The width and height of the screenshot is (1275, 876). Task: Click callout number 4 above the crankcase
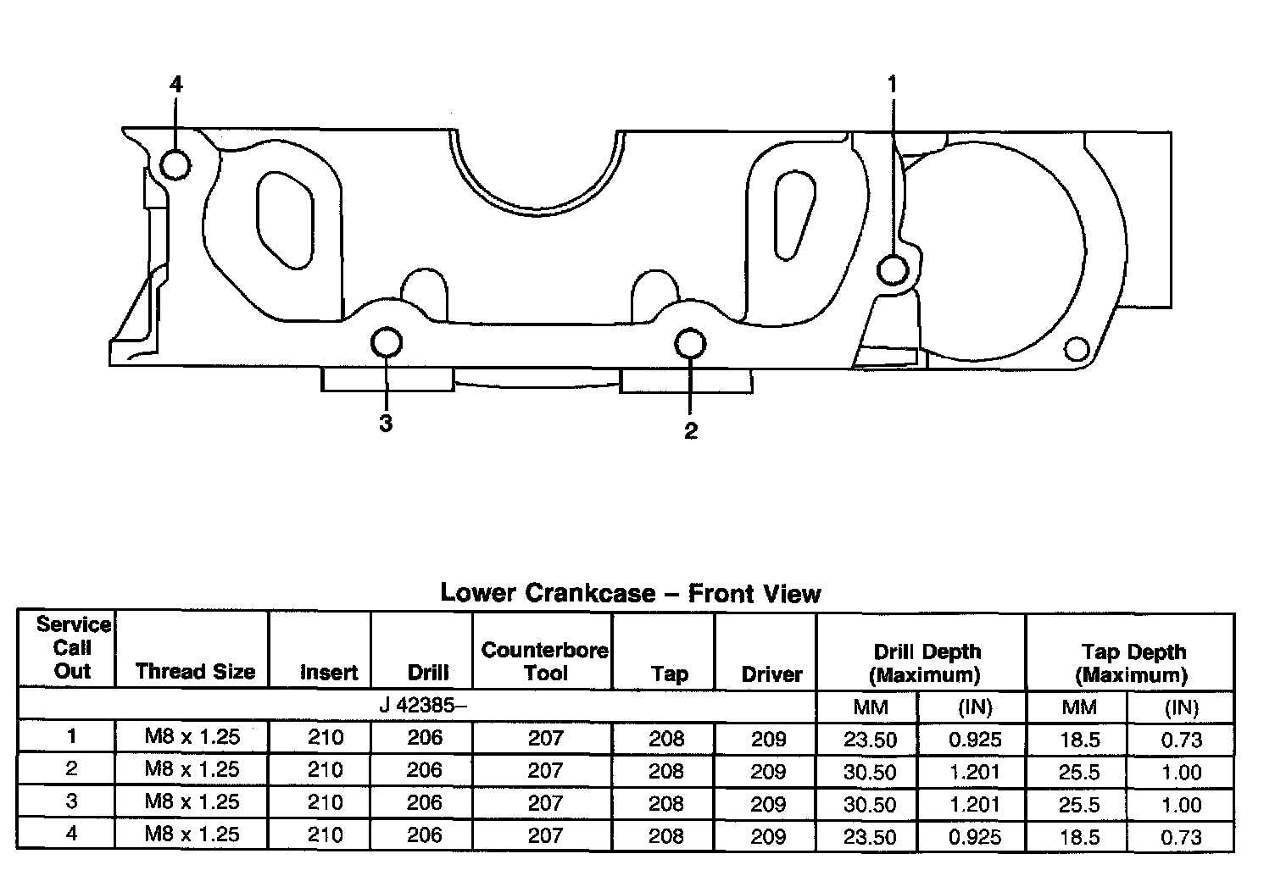(x=175, y=84)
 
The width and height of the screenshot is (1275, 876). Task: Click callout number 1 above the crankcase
(x=892, y=84)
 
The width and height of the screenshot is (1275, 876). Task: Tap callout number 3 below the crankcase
(x=386, y=424)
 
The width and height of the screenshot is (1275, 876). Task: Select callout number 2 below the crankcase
(x=691, y=430)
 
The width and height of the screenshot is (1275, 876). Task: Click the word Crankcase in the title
(x=590, y=593)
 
